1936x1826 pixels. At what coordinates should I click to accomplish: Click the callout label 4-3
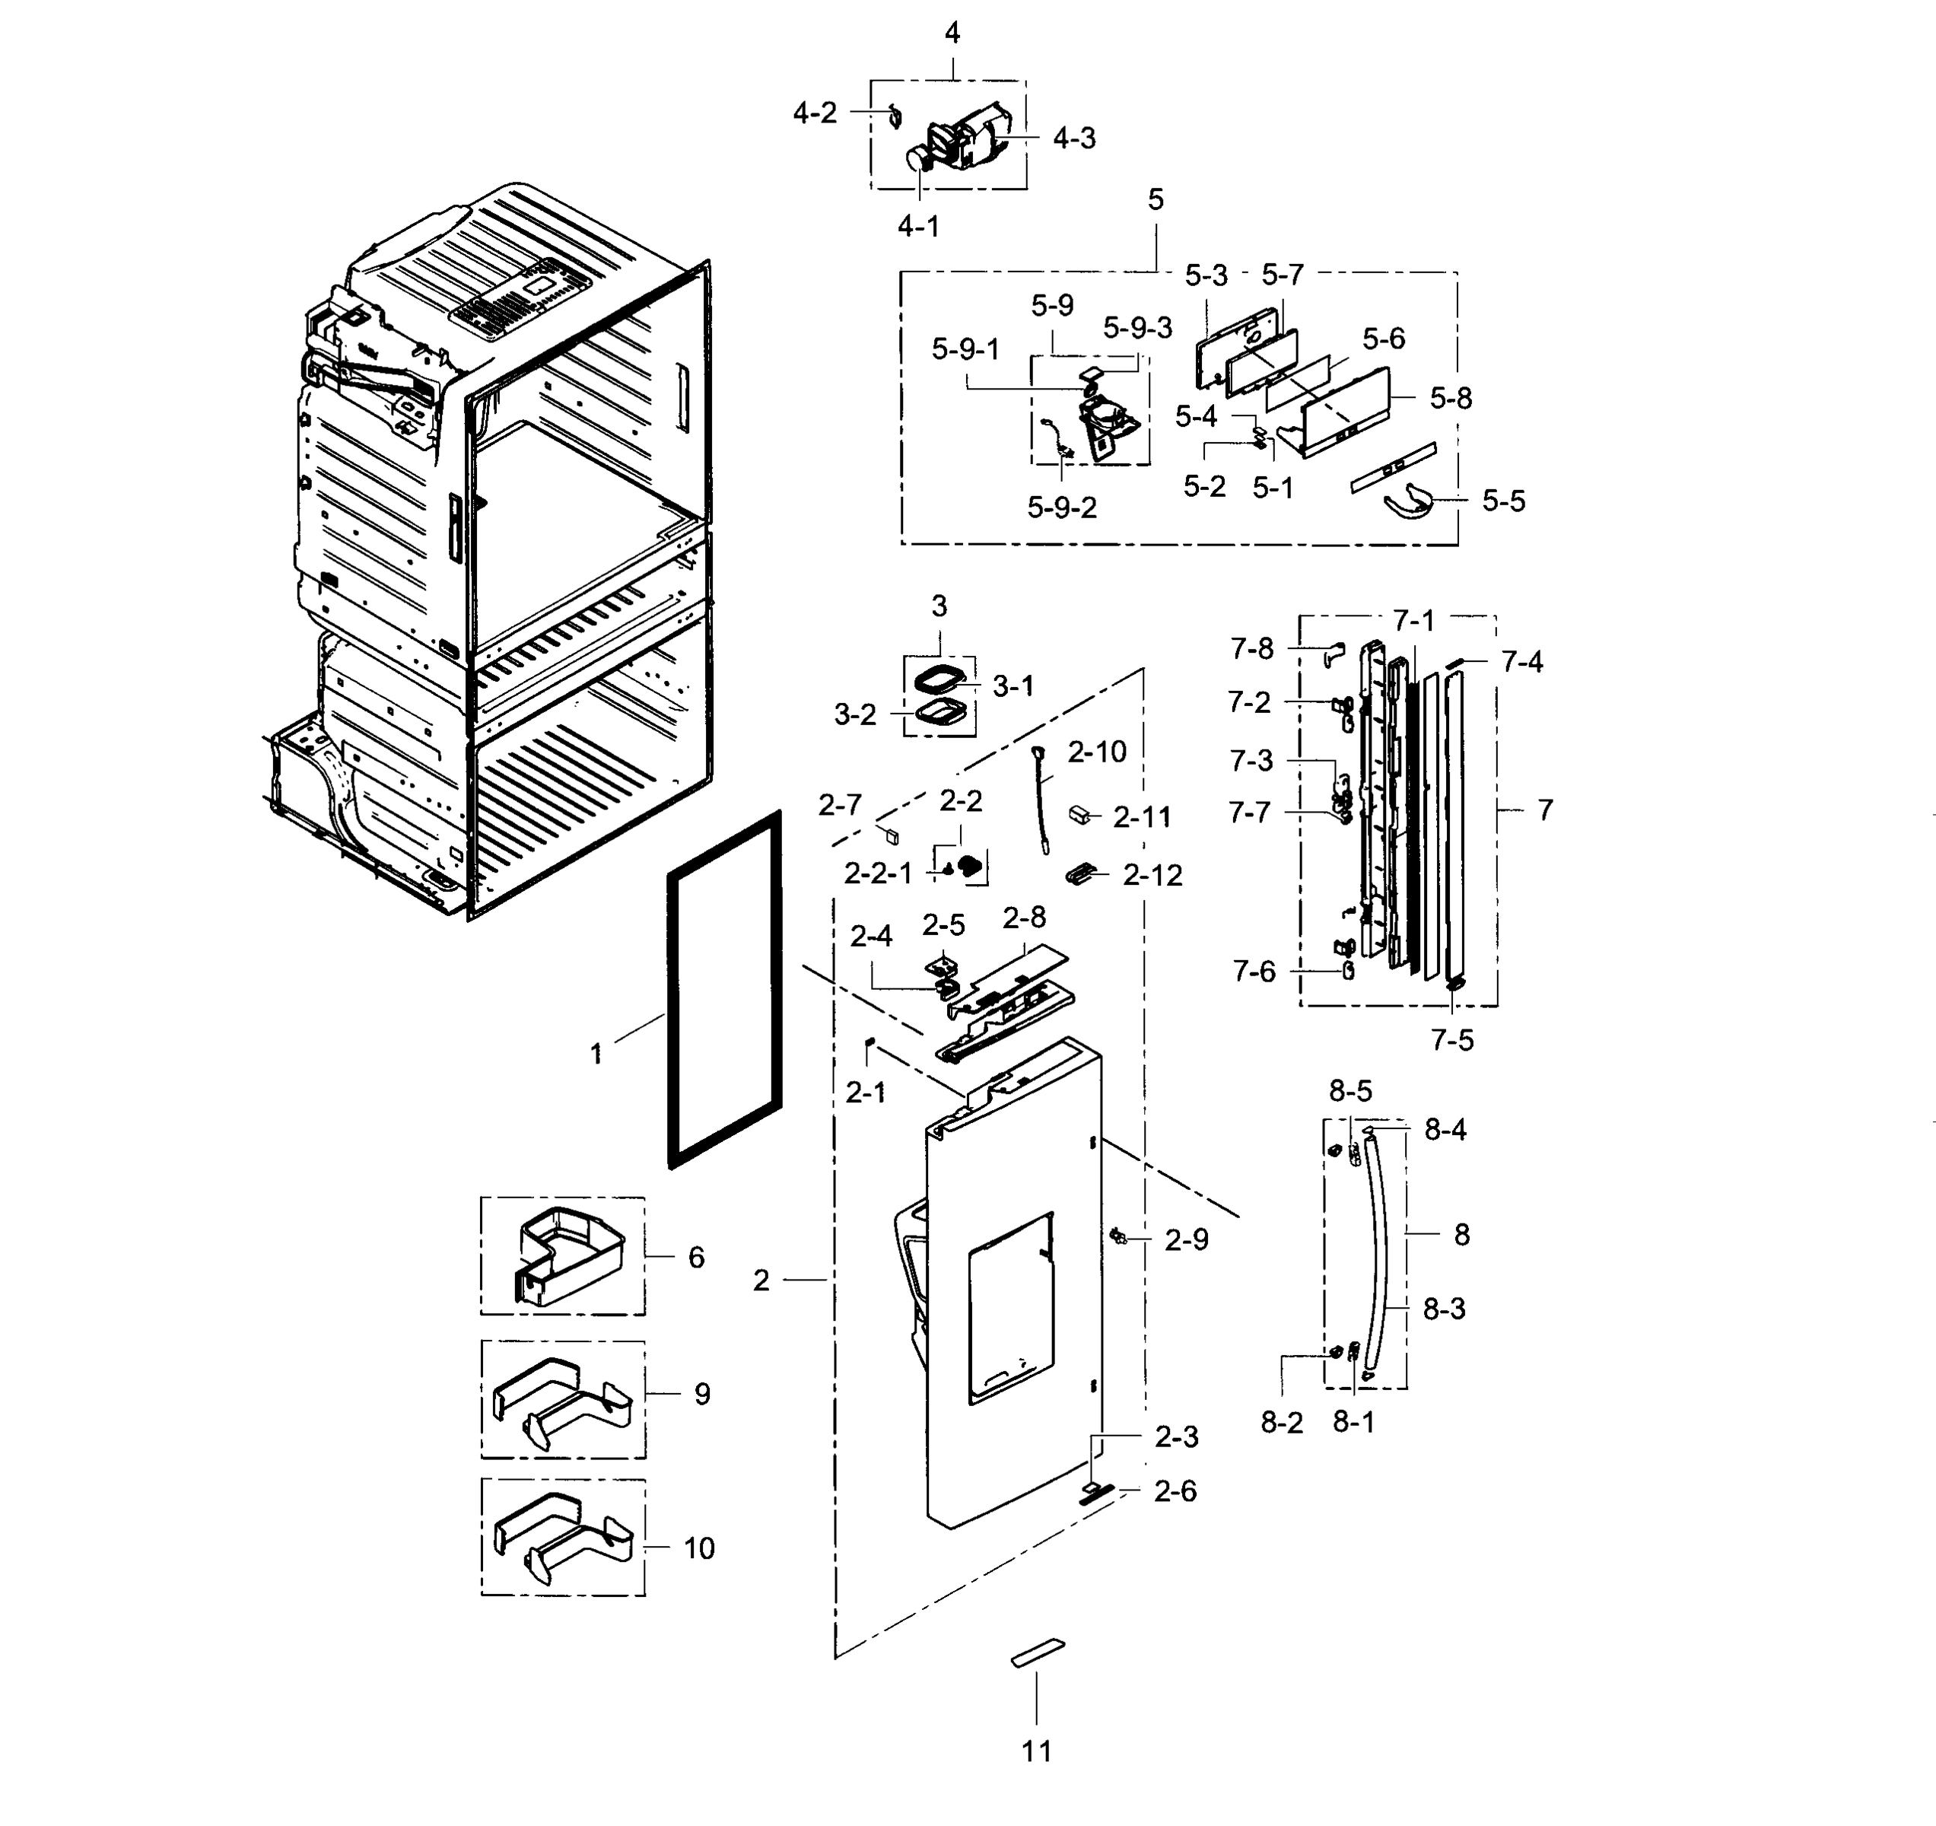pos(1073,138)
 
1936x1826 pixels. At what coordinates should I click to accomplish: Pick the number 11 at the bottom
pos(1036,1751)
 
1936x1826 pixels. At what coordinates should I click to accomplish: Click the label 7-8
pos(1251,648)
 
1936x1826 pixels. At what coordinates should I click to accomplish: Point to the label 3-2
pos(855,715)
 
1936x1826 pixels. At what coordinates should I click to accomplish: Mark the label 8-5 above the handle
pos(1351,1091)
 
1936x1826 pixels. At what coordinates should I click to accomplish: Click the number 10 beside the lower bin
pos(698,1548)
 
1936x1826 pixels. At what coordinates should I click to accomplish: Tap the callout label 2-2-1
pos(877,873)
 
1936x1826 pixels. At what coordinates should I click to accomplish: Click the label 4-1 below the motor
pos(917,226)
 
